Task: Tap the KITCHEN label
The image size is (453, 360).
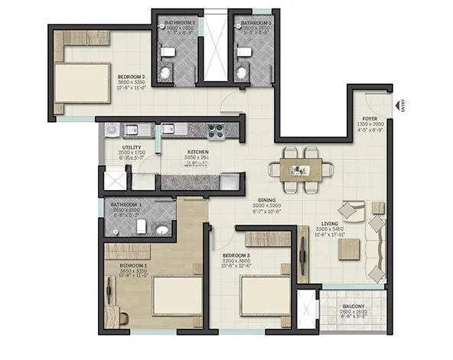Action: pyautogui.click(x=198, y=152)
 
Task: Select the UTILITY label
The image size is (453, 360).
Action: pyautogui.click(x=132, y=147)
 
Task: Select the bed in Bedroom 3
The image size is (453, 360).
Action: pyautogui.click(x=265, y=294)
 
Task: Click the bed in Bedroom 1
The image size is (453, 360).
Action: pyautogui.click(x=174, y=294)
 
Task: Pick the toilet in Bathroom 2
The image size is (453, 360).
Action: pyautogui.click(x=165, y=72)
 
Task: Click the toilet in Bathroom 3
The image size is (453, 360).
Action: pyautogui.click(x=242, y=72)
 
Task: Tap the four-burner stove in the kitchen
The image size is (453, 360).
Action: pyautogui.click(x=217, y=129)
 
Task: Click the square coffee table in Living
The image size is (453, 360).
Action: pyautogui.click(x=349, y=248)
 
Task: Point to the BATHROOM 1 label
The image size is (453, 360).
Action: pyautogui.click(x=125, y=205)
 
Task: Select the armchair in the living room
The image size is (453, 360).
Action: pyautogui.click(x=354, y=210)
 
